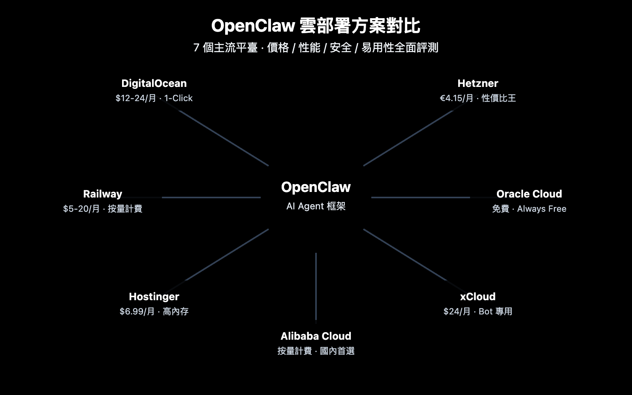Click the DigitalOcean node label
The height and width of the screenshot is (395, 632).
(x=154, y=83)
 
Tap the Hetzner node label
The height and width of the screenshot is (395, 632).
(x=478, y=83)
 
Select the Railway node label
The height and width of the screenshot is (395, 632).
(x=103, y=194)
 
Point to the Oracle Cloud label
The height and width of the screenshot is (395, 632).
(x=529, y=194)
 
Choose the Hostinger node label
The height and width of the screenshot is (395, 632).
(x=154, y=297)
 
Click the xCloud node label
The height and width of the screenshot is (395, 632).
(x=478, y=297)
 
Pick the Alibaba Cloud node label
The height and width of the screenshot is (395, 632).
(x=316, y=336)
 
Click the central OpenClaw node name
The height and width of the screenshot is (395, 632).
(x=316, y=187)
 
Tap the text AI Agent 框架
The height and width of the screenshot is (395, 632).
(x=316, y=206)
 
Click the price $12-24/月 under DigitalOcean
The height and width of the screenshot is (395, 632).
(x=135, y=98)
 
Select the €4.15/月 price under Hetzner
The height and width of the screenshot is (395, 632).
(x=456, y=98)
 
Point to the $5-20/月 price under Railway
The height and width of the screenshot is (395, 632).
(x=81, y=209)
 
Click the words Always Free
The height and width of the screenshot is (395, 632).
(x=542, y=209)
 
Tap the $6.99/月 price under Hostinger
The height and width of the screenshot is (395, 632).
(x=137, y=312)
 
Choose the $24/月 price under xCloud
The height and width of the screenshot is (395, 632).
(x=457, y=312)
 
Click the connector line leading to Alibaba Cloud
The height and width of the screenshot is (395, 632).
(x=316, y=284)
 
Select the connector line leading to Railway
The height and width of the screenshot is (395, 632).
(x=211, y=197)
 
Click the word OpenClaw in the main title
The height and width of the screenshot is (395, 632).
(x=253, y=26)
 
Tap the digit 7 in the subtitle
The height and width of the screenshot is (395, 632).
(x=196, y=48)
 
